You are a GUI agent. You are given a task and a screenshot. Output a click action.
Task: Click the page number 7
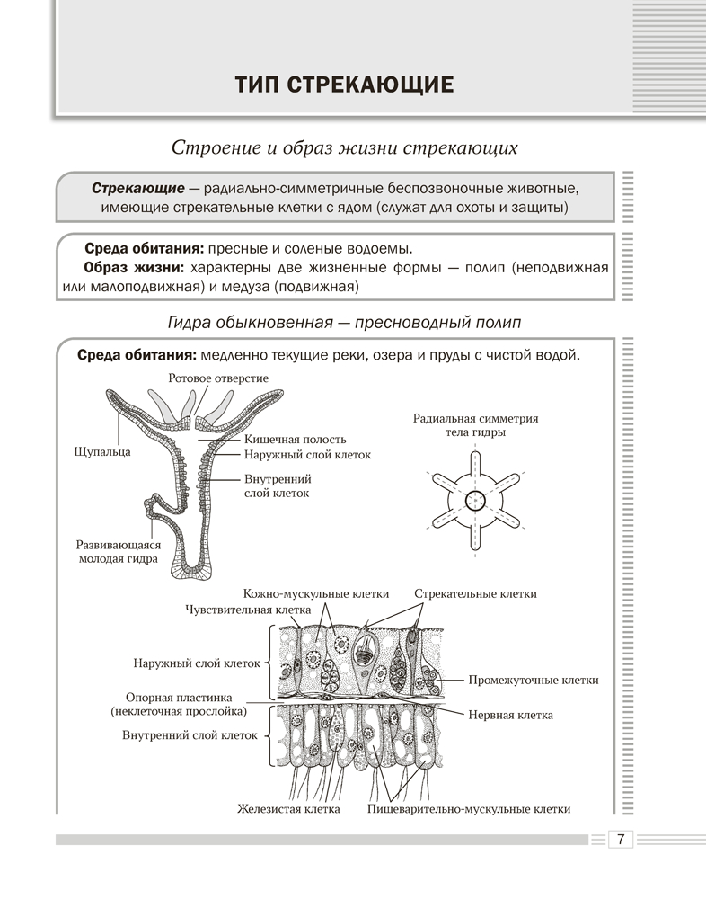(621, 840)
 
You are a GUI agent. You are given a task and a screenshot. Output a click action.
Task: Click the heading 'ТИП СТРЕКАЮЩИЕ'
(344, 85)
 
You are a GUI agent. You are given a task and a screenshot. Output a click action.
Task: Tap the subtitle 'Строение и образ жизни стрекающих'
(344, 147)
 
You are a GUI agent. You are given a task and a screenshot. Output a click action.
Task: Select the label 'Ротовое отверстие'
(218, 378)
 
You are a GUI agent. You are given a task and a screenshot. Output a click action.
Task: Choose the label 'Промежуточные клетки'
(534, 681)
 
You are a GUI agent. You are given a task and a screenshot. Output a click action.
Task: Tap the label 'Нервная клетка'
(511, 716)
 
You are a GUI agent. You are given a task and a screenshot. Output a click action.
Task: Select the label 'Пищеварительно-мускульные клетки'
(469, 809)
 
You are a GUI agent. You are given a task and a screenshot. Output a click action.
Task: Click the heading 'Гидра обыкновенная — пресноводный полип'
(344, 322)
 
